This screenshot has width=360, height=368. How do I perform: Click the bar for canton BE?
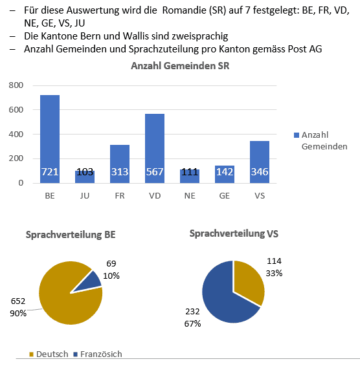50,139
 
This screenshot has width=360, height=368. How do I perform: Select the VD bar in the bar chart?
155,148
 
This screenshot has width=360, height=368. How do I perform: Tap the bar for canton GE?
225,175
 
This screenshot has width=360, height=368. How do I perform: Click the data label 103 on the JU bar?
85,172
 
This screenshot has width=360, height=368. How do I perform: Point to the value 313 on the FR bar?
120,172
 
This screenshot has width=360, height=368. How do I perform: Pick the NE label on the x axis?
190,196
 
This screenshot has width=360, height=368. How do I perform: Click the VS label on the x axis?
260,196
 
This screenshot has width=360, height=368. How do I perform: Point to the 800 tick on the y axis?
16,85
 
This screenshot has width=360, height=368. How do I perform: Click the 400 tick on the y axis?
16,135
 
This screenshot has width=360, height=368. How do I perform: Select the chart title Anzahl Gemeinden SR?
180,66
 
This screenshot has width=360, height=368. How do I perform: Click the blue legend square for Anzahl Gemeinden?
297,135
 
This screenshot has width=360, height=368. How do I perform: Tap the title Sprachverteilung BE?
71,235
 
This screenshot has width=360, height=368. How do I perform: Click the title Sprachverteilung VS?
234,233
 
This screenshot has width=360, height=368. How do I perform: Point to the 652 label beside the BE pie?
18,301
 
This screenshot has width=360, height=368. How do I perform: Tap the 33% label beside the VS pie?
274,273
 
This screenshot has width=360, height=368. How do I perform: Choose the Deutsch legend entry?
49,354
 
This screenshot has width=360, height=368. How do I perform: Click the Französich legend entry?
98,354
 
